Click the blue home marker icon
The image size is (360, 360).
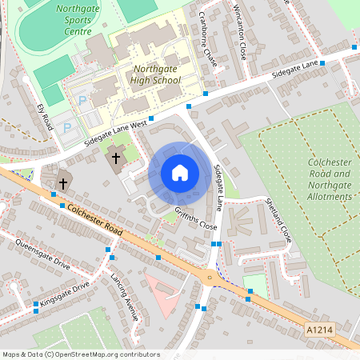180,173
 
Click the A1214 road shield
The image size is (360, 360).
318,329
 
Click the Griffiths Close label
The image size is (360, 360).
196,218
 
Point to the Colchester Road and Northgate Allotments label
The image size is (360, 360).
330,178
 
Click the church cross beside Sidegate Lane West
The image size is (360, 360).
116,158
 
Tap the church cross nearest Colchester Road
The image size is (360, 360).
62,183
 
